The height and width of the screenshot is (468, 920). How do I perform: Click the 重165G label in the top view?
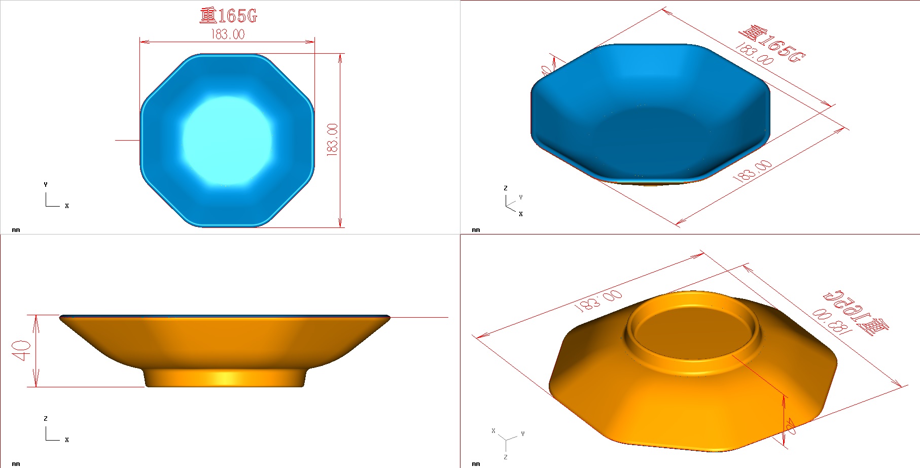pos(228,16)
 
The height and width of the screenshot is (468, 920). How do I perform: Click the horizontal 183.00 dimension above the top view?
pos(228,35)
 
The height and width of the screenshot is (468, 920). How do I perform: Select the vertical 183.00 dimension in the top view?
pos(332,140)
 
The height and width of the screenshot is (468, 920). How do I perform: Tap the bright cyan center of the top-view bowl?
pos(227,140)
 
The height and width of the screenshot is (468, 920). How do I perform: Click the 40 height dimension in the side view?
pos(22,350)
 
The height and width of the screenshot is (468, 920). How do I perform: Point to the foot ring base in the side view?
pos(226,379)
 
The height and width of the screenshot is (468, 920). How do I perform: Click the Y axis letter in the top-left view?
pos(46,185)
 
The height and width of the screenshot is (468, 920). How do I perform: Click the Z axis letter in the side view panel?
pos(46,419)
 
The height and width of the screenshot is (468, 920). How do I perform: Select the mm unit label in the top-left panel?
pos(16,230)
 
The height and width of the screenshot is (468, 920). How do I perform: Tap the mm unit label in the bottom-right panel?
pos(476,464)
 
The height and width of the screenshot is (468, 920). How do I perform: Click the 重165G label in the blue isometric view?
pos(772,45)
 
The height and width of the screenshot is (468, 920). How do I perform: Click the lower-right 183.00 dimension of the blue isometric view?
pos(753,172)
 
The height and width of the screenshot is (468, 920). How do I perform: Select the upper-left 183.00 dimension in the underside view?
pos(598,300)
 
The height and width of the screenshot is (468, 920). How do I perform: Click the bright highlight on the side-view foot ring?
pos(226,378)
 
